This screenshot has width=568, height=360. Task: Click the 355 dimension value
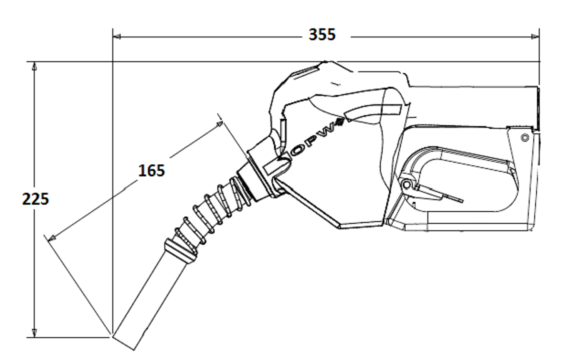[x=322, y=35]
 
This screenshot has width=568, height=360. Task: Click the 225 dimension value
[x=36, y=199]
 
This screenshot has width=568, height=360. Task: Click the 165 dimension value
[x=152, y=170]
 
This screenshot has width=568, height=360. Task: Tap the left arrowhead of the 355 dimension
[x=117, y=37]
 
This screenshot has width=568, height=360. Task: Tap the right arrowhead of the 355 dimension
[x=535, y=37]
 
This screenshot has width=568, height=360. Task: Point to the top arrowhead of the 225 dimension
[x=35, y=66]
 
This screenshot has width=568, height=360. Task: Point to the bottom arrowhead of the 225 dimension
[x=35, y=334]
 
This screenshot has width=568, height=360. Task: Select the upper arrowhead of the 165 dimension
[x=219, y=124]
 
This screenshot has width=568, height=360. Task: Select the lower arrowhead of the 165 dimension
[x=52, y=238]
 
